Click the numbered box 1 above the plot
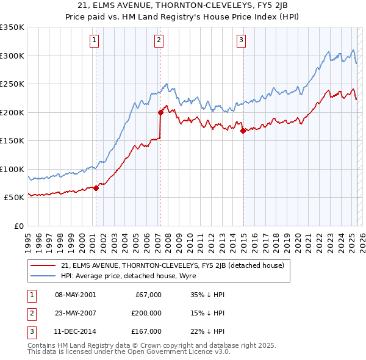95,41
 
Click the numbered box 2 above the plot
159,41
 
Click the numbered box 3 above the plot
242,41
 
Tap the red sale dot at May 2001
96,188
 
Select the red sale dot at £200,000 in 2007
160,112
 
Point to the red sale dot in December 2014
243,131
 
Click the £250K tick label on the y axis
12,84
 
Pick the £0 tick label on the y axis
18,226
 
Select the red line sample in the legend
43,265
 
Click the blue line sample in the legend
43,276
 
